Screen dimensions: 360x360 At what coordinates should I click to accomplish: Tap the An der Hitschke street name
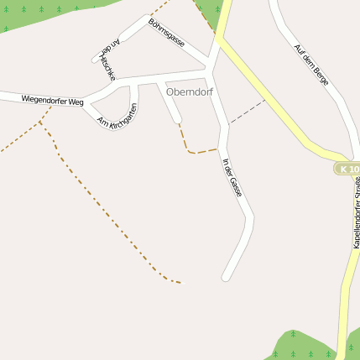[x=105, y=60]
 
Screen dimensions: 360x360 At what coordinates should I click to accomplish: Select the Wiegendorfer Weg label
[x=53, y=101]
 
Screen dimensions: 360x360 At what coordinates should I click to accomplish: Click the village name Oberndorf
[x=190, y=91]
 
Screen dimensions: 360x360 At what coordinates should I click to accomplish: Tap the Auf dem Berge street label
[x=310, y=65]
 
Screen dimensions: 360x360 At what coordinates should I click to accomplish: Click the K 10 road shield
[x=347, y=170]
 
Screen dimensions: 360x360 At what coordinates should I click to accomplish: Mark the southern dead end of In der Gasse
[x=225, y=277]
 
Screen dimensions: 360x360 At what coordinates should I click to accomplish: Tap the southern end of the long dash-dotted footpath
[x=180, y=283]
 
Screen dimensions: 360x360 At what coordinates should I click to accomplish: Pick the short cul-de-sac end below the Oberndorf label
[x=177, y=120]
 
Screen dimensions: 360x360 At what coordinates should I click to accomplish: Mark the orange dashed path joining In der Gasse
[x=198, y=152]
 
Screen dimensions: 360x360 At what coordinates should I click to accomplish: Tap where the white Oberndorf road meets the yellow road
[x=219, y=40]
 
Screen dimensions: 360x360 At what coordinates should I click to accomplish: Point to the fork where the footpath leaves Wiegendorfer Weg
[x=40, y=121]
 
